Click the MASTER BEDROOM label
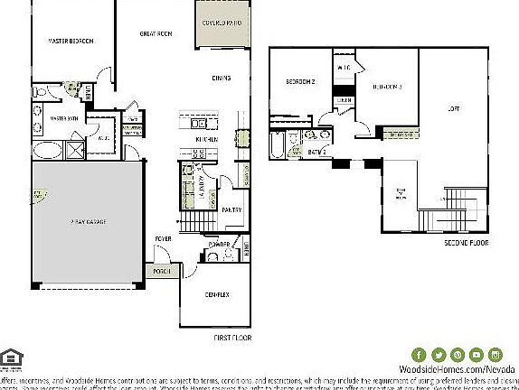[x=70, y=41]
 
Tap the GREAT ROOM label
[x=156, y=33]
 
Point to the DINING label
[x=222, y=78]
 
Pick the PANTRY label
[x=231, y=209]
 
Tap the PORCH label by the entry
[x=164, y=271]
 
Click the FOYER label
[x=163, y=238]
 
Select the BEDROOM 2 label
[x=300, y=81]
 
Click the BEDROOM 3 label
[x=386, y=87]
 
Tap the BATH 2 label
[x=316, y=152]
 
